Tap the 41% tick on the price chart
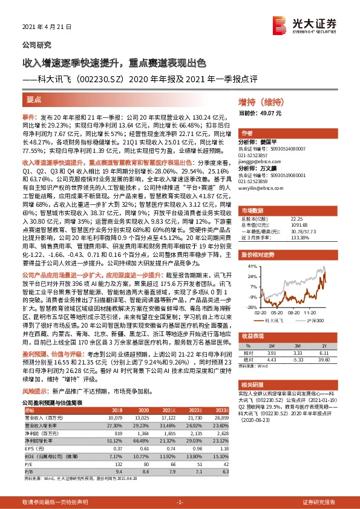point(249,267)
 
